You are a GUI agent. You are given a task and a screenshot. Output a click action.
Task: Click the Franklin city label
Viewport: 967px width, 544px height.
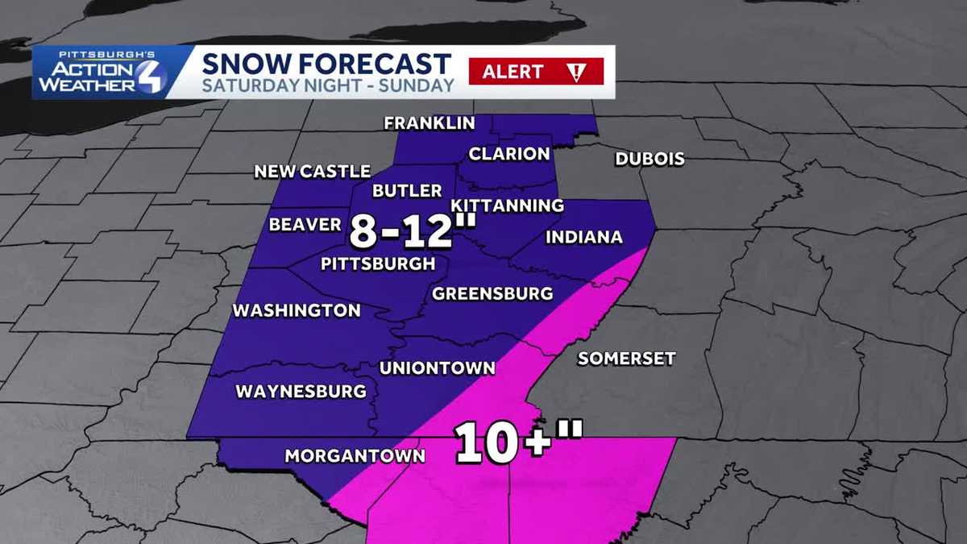point(429,123)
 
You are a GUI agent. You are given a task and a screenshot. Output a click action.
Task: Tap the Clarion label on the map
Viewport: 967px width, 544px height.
point(509,154)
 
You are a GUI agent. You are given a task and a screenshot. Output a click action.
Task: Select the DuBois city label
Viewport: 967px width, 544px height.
point(650,159)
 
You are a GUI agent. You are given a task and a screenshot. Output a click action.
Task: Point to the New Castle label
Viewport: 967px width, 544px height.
point(312,172)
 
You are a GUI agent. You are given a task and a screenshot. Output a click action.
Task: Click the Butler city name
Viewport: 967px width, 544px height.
point(407,191)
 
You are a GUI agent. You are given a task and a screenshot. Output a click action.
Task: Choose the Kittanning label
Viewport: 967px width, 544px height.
point(507,206)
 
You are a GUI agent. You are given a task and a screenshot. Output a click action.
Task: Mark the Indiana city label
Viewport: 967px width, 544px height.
point(584,237)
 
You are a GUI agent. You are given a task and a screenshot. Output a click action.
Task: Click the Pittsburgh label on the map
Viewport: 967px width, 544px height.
point(378,264)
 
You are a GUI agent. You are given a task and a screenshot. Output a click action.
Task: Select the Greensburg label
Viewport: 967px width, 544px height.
point(492,293)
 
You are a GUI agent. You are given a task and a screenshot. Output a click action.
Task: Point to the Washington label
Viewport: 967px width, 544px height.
point(297,310)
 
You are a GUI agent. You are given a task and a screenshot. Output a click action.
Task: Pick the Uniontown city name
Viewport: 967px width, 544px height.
point(437,368)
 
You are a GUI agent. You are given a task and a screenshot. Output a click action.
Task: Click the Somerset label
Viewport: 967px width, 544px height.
point(626,359)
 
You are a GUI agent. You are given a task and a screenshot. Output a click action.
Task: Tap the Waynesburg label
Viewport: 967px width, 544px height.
point(301,392)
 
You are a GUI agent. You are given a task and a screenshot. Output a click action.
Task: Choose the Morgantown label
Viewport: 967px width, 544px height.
point(355,456)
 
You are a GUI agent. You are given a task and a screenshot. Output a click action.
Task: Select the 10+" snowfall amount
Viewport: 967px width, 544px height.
point(518,442)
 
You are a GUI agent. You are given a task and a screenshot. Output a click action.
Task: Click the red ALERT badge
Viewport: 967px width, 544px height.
point(536,72)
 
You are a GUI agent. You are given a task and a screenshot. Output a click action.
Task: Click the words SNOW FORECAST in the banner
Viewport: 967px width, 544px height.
point(326,63)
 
